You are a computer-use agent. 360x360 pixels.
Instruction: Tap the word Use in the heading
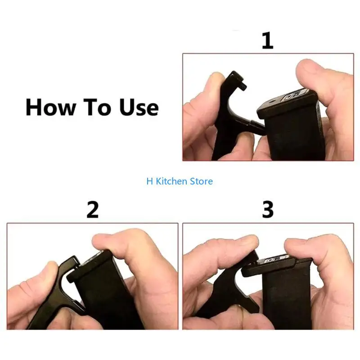point(139,108)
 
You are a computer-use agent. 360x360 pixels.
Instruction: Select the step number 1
point(267,40)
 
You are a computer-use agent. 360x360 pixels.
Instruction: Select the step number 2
point(92,210)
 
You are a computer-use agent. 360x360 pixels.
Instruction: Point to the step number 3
point(268,210)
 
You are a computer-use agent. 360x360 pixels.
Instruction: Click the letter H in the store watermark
point(149,181)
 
